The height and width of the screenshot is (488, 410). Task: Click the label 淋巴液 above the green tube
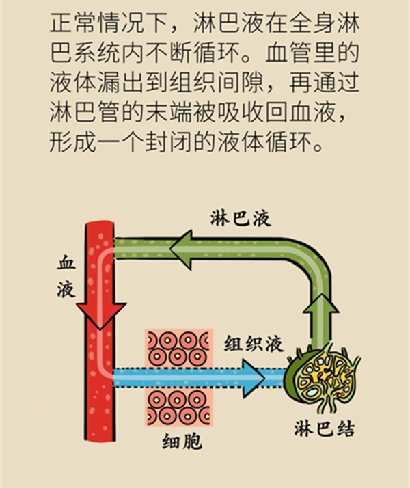click(x=240, y=217)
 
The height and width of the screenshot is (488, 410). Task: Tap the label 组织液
click(x=254, y=343)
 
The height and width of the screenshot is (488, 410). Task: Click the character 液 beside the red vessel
click(x=66, y=290)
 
